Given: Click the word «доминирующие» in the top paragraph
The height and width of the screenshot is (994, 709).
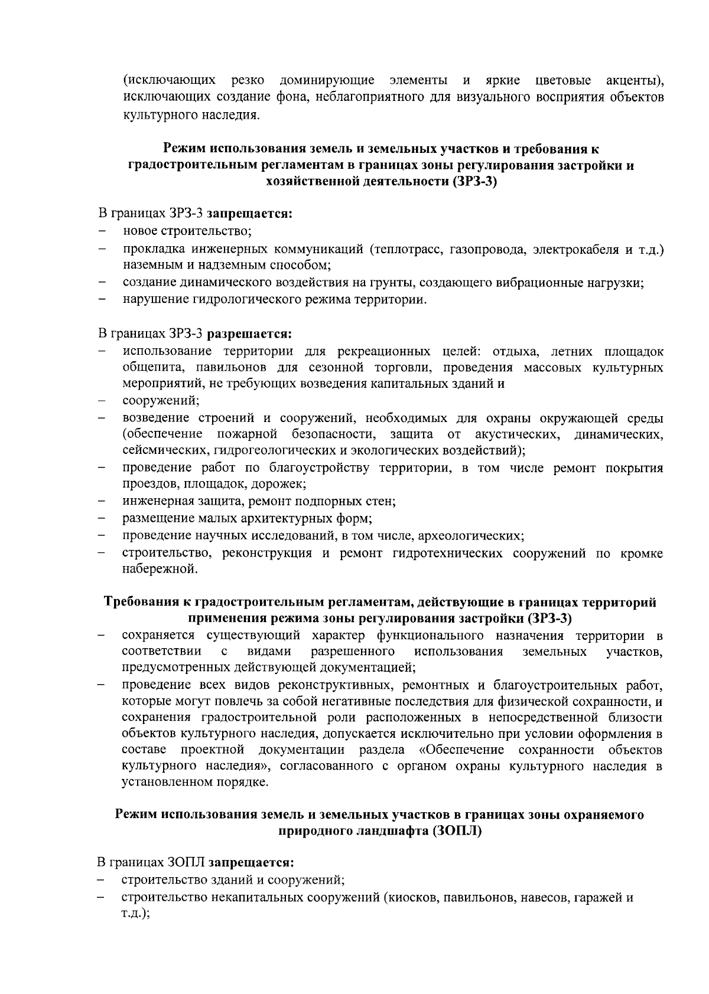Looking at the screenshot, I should [x=327, y=80].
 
